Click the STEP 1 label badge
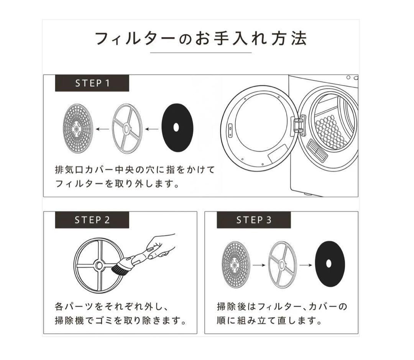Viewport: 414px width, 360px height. point(92,83)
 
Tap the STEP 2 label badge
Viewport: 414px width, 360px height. point(92,220)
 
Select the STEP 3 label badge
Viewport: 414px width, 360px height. point(253,220)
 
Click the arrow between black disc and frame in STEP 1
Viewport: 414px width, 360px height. point(152,129)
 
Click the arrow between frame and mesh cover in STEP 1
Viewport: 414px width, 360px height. point(102,129)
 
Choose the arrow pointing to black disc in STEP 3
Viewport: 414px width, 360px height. point(305,265)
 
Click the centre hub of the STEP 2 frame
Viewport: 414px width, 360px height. point(99,265)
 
